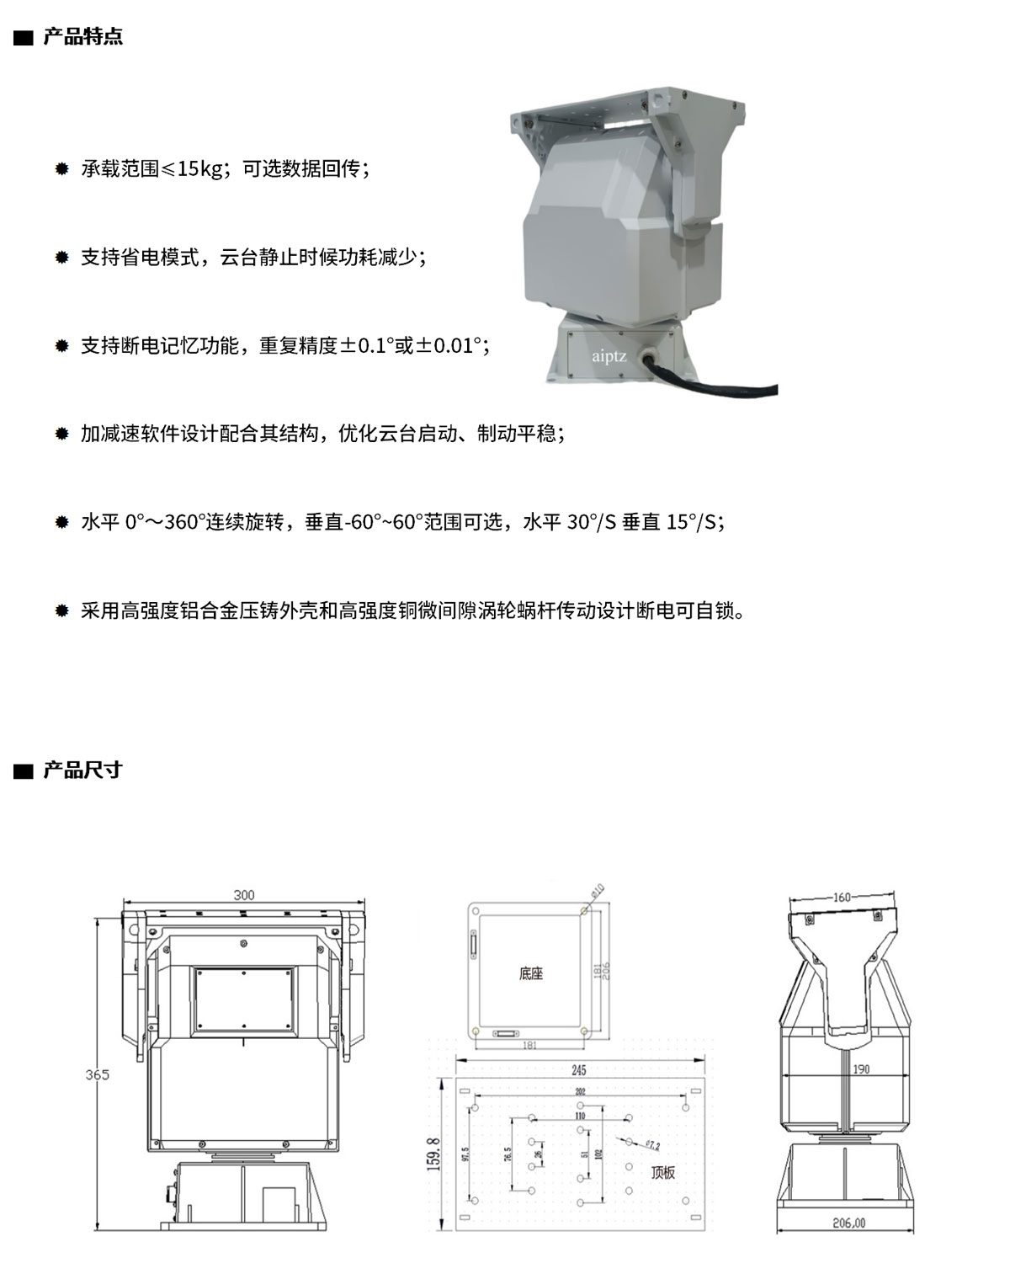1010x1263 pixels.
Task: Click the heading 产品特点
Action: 82,37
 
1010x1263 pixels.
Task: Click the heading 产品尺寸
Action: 82,770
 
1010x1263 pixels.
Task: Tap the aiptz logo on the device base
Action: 609,356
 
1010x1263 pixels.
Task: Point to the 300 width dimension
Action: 244,895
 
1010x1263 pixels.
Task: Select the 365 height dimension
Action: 97,1074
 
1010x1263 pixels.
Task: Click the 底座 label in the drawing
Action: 531,974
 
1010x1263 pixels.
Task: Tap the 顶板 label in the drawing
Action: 662,1172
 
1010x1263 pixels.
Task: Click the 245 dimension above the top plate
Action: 578,1071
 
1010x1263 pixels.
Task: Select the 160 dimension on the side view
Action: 842,898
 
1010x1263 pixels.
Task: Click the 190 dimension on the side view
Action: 860,1069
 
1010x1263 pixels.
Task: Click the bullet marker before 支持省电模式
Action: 61,258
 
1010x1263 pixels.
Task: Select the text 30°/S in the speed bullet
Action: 592,522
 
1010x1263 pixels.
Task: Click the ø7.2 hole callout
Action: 651,1144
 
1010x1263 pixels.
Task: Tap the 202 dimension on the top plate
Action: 581,1091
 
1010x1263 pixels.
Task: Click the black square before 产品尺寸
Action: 23,770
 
